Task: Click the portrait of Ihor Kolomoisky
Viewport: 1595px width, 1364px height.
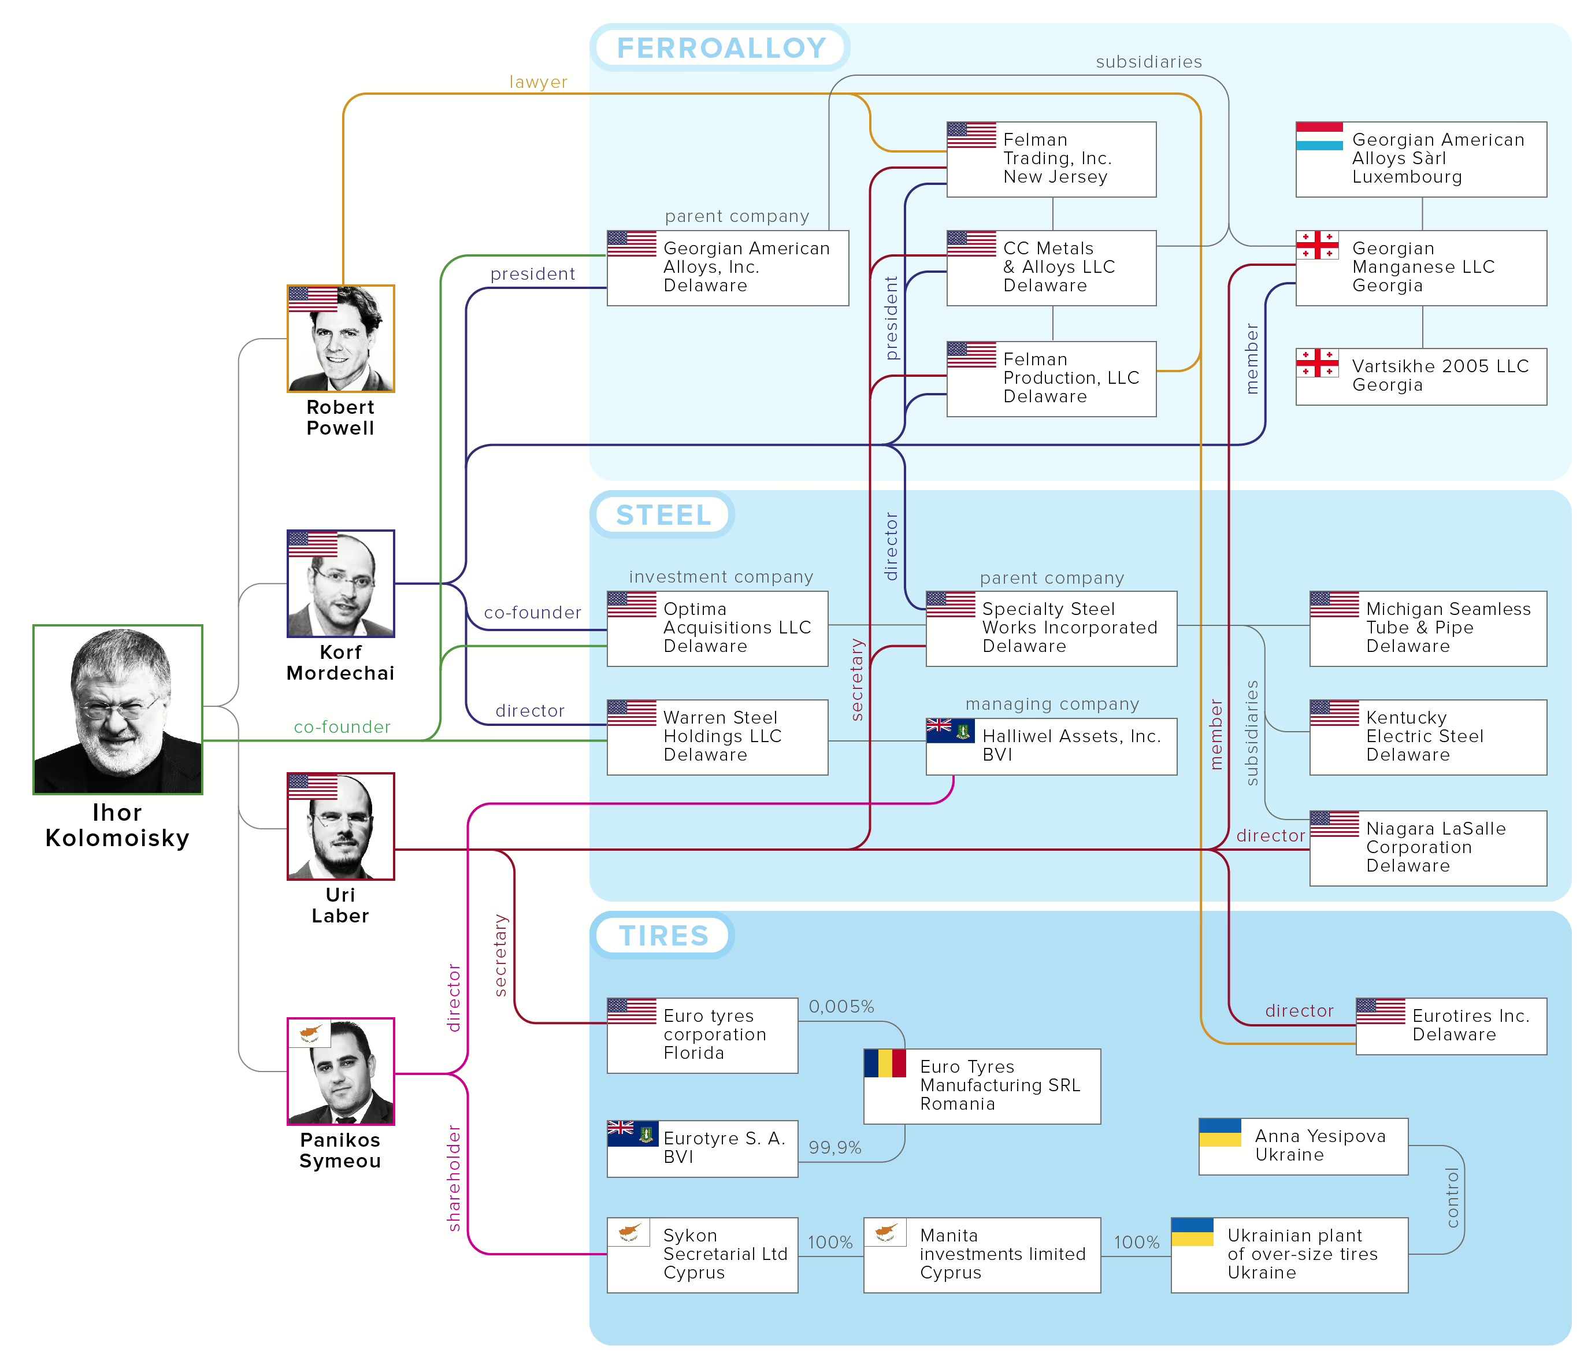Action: (x=118, y=709)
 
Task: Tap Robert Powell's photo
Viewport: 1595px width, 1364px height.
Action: (x=340, y=338)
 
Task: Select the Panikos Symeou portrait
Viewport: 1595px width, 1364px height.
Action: (x=340, y=1071)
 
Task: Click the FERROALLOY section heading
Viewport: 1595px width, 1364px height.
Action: (x=721, y=48)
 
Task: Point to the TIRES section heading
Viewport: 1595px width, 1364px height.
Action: (x=663, y=935)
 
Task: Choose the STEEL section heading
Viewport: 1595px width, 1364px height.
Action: (x=663, y=515)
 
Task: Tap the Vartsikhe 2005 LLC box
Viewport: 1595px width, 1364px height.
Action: (x=1421, y=376)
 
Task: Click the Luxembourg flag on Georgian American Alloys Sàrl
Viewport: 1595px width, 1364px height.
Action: (x=1319, y=136)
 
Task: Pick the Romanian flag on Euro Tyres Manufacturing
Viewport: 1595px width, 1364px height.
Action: (x=885, y=1063)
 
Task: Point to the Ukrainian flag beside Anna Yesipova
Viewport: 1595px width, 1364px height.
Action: (x=1220, y=1132)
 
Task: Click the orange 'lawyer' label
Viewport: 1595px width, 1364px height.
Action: (x=538, y=81)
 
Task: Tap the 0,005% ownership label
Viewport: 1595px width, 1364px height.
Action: (x=841, y=1006)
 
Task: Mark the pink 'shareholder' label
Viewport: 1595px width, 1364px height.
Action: (x=454, y=1178)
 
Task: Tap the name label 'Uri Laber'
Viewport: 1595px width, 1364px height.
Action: (x=340, y=905)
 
